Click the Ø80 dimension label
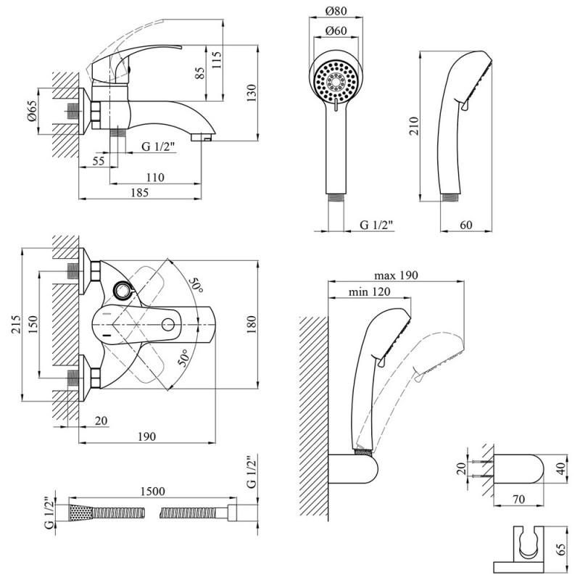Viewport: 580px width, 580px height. pyautogui.click(x=336, y=12)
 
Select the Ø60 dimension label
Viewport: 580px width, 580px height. pyautogui.click(x=335, y=31)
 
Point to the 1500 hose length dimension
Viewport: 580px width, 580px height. pyautogui.click(x=150, y=491)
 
